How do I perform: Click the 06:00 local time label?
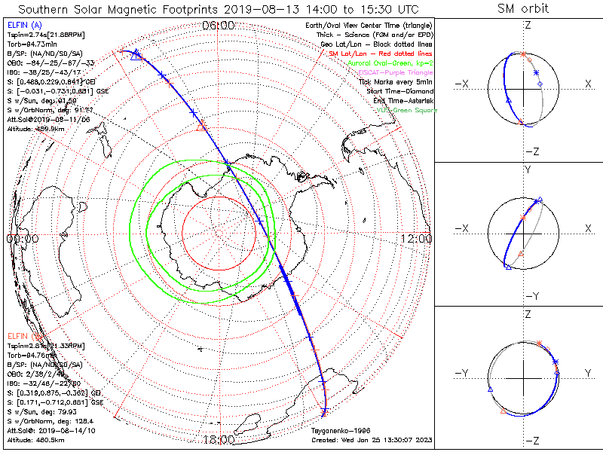coord(219,26)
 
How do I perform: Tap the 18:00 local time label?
coord(219,439)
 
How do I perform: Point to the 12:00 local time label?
coord(417,239)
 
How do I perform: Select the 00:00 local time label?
coord(22,239)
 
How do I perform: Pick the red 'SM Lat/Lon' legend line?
coord(381,54)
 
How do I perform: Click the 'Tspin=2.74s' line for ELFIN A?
coord(37,35)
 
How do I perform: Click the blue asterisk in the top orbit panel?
coord(536,72)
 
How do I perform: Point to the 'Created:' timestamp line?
coord(372,438)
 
